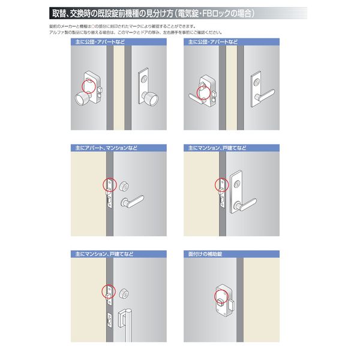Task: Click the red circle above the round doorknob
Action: pos(89,85)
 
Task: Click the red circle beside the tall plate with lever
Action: pos(220,185)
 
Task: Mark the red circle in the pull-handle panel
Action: pos(109,290)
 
